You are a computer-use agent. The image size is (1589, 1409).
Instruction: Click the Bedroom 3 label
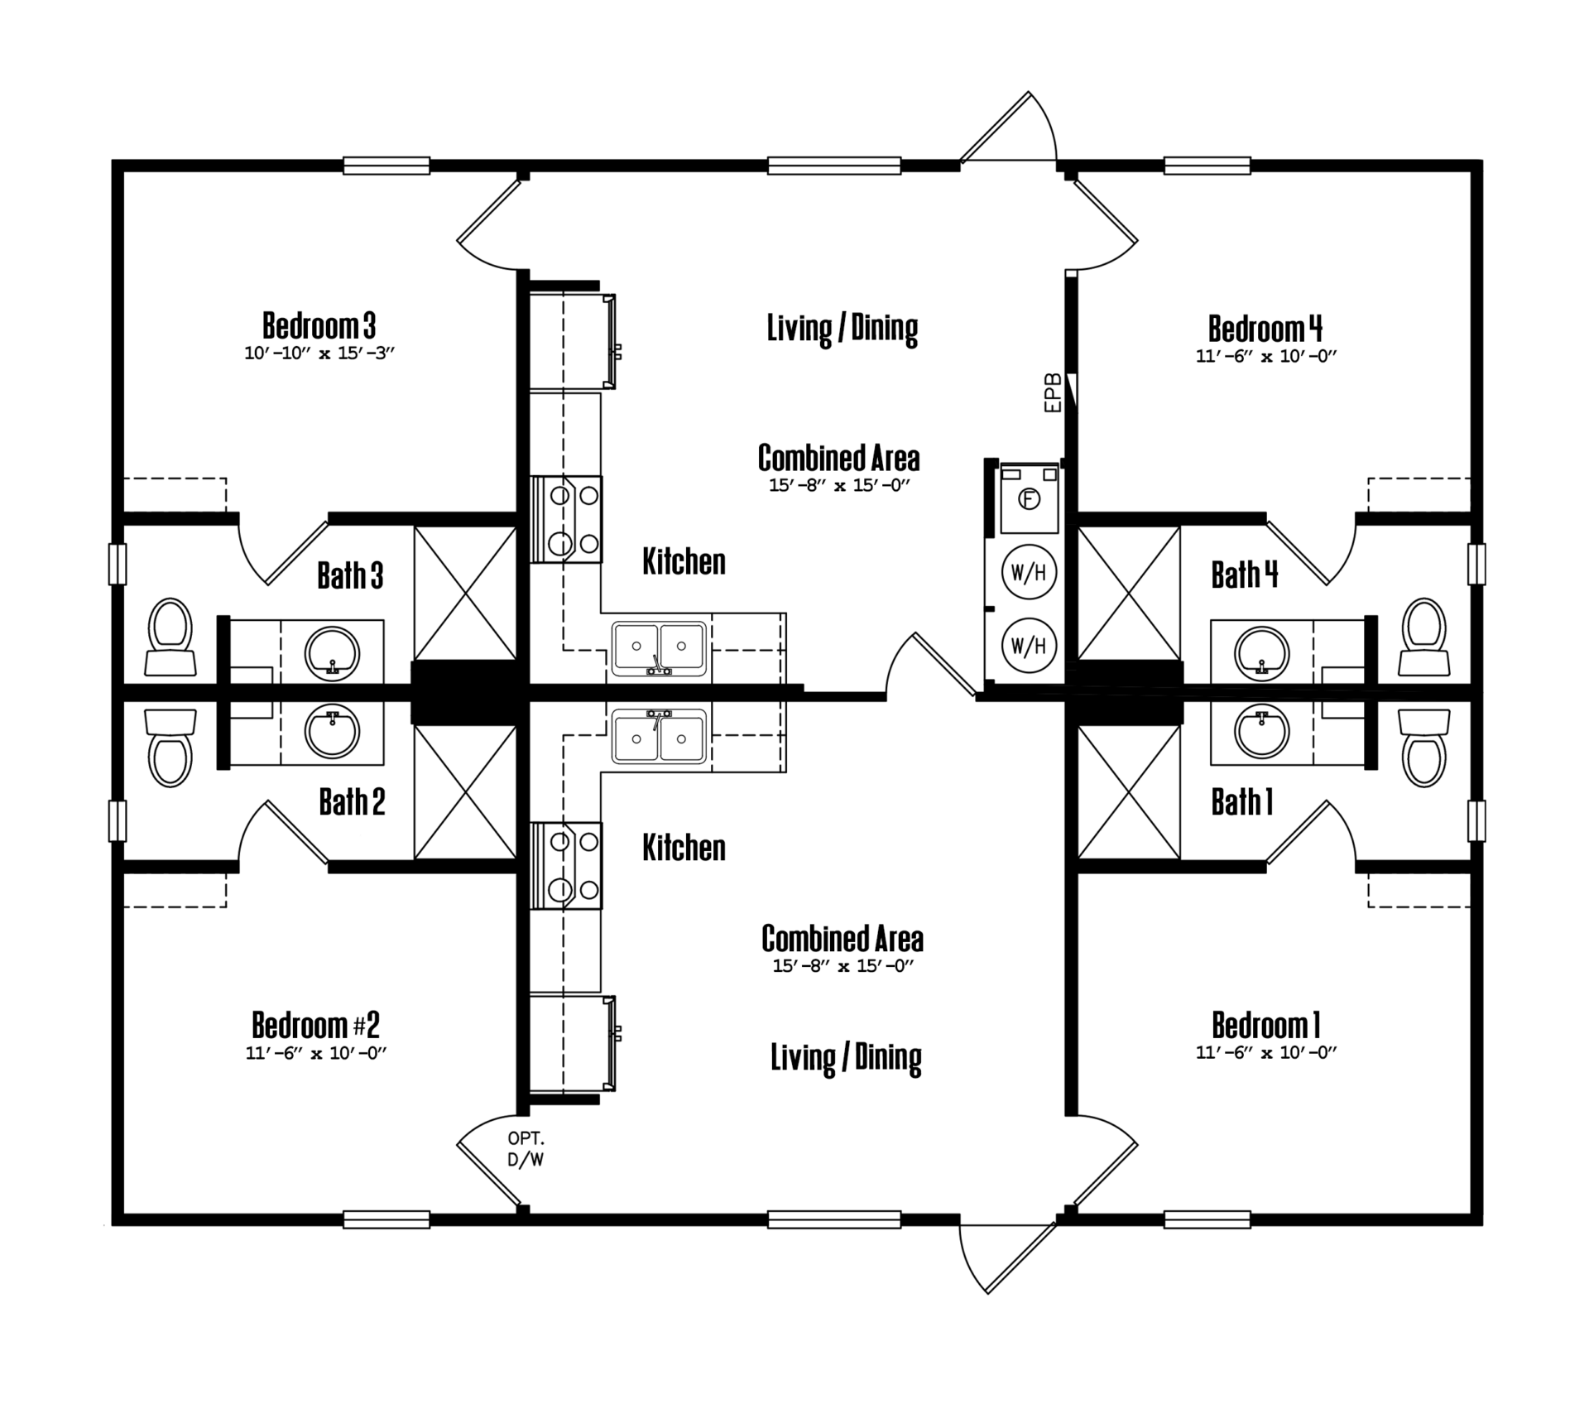pyautogui.click(x=319, y=325)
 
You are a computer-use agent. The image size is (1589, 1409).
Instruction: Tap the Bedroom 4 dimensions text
pyautogui.click(x=1266, y=356)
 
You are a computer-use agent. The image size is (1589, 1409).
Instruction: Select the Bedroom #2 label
pyautogui.click(x=316, y=1025)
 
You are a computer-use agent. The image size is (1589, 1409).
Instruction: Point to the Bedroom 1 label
pyautogui.click(x=1266, y=1025)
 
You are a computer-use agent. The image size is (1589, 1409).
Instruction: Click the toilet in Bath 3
pyautogui.click(x=170, y=637)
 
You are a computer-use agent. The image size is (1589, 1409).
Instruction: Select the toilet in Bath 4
pyautogui.click(x=1424, y=637)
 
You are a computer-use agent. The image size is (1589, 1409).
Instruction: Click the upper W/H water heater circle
pyautogui.click(x=1030, y=572)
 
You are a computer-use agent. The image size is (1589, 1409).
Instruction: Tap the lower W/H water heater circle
pyautogui.click(x=1030, y=645)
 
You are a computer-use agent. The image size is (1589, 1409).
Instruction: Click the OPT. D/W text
pyautogui.click(x=526, y=1150)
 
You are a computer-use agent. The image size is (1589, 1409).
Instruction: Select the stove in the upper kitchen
pyautogui.click(x=566, y=519)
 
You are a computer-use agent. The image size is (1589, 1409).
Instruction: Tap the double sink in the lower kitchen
pyautogui.click(x=660, y=735)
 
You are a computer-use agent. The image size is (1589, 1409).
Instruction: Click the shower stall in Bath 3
pyautogui.click(x=465, y=593)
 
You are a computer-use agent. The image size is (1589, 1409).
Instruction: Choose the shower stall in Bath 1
pyautogui.click(x=1129, y=792)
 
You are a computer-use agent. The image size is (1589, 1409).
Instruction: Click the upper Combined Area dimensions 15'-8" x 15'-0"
pyautogui.click(x=839, y=485)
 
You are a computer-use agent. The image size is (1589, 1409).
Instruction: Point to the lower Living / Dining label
pyautogui.click(x=846, y=1058)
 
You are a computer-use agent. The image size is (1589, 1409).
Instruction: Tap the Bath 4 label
pyautogui.click(x=1245, y=574)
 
